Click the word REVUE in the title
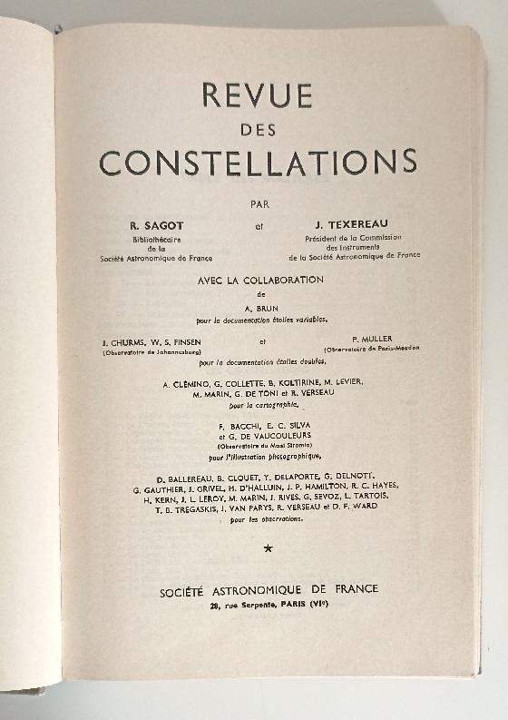tap(257, 95)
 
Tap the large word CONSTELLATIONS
tap(258, 162)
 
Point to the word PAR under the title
tap(259, 203)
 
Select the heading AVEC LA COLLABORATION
tap(260, 281)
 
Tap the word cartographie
tap(285, 406)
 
